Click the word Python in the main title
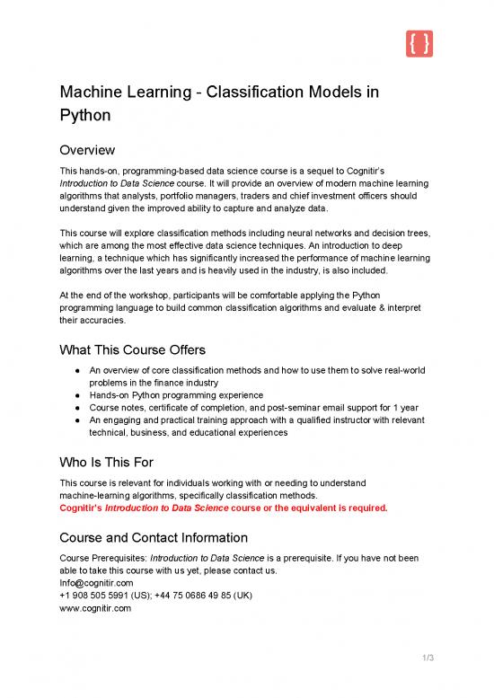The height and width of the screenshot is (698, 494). click(x=88, y=116)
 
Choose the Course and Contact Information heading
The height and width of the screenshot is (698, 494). click(x=153, y=538)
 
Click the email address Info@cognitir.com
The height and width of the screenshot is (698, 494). click(x=97, y=582)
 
